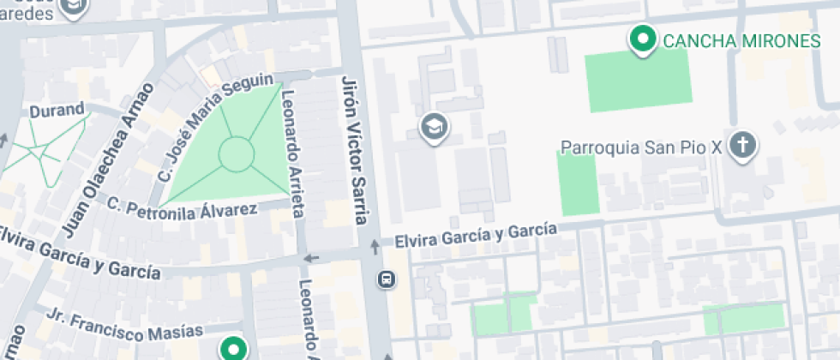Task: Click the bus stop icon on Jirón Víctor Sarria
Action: [x=387, y=279]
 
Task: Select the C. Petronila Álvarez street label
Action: [x=182, y=207]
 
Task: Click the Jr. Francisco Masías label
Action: [x=125, y=323]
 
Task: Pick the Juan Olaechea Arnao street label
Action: [x=108, y=159]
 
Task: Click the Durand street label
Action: [x=57, y=111]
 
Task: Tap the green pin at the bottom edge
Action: [x=232, y=349]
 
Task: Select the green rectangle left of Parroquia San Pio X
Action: [x=579, y=183]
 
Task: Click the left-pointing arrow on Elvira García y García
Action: [x=312, y=258]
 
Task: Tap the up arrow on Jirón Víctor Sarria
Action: [x=375, y=247]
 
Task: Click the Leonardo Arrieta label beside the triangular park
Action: [x=292, y=154]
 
